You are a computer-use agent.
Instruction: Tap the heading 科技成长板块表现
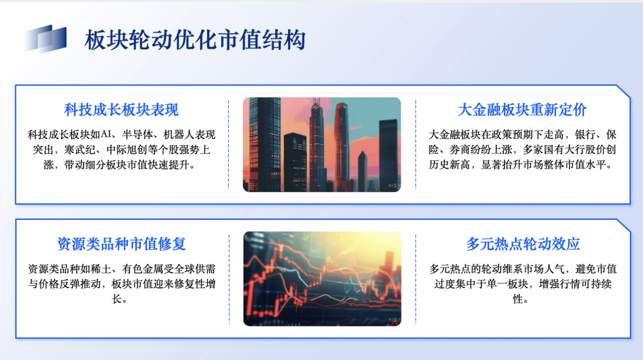pos(121,110)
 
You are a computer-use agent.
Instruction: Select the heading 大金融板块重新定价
pos(522,110)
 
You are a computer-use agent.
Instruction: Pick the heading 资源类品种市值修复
pos(121,244)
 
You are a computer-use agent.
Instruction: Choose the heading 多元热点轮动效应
pos(523,244)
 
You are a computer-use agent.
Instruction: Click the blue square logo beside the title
pos(45,38)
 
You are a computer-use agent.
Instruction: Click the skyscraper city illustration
pos(322,145)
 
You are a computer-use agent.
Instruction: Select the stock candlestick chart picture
pos(322,279)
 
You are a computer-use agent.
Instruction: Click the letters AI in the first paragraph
pos(106,135)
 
